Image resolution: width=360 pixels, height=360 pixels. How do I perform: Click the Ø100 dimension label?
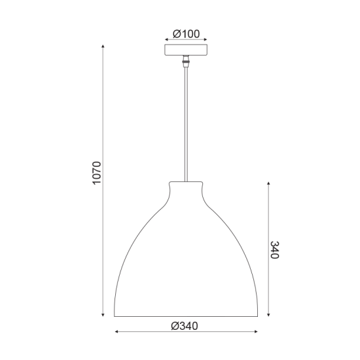click(187, 33)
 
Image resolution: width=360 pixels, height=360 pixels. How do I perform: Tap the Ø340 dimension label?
click(185, 325)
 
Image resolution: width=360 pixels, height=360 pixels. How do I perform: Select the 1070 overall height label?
click(97, 173)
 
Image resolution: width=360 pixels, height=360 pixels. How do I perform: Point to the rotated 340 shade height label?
click(274, 249)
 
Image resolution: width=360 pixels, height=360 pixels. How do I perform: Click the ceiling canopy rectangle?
click(186, 50)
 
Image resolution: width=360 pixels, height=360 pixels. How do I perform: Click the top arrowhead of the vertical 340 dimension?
click(267, 181)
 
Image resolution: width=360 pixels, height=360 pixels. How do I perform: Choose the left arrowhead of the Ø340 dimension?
click(117, 333)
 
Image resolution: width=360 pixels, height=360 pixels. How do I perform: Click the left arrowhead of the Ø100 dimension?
click(166, 40)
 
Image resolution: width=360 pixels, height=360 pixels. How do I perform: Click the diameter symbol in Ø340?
click(175, 325)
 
